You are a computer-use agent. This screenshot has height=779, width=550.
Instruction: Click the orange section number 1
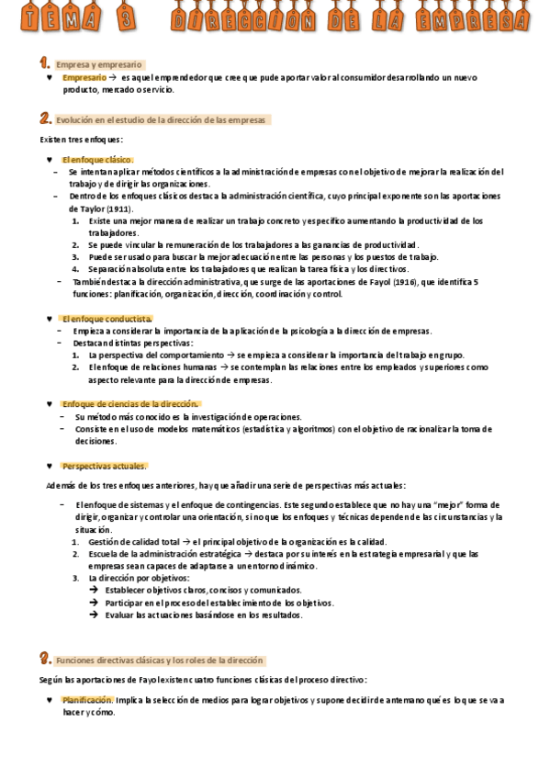(44, 63)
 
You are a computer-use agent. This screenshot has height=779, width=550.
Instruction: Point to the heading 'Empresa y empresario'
(99, 65)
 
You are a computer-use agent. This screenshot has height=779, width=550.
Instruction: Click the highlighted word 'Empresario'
(84, 78)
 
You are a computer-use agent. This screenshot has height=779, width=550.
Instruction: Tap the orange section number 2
(45, 119)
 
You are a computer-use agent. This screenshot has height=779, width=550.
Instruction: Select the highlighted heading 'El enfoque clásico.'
(98, 160)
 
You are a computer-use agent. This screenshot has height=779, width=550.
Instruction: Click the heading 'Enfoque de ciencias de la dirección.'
(129, 404)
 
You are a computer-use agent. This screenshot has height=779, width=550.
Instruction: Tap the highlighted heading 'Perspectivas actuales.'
(104, 466)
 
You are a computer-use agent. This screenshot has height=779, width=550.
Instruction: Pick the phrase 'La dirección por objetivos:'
(139, 579)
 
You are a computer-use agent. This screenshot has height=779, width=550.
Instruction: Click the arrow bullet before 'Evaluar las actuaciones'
(94, 615)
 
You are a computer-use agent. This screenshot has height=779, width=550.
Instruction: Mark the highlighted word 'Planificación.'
(88, 700)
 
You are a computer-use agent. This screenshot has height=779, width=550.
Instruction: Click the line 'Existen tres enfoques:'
(81, 140)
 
